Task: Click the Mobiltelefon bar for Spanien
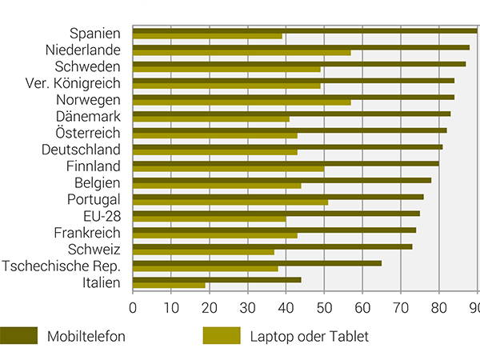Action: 304,30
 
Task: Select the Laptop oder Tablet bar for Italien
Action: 169,286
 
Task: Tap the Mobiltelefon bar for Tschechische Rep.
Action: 256,262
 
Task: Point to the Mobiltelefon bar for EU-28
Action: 275,213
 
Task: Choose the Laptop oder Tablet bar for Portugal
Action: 230,202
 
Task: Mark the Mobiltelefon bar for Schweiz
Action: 272,246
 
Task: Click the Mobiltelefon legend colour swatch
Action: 19,336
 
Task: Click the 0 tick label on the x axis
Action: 132,307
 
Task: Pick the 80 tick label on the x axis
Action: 439,307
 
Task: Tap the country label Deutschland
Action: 81,150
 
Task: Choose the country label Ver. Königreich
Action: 71,83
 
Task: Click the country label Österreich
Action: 88,133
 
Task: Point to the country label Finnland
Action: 94,166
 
